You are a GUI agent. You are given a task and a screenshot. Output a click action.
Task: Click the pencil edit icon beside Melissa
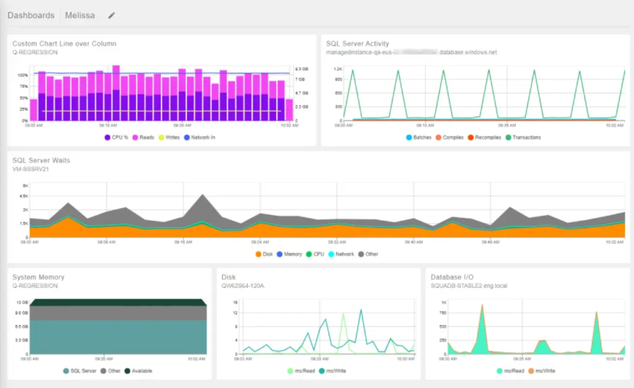(111, 15)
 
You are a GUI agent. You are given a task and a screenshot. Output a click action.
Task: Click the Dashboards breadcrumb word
(31, 15)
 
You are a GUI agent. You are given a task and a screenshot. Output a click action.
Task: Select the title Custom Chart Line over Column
(64, 43)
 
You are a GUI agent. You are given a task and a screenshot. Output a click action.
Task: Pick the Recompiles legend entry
(485, 137)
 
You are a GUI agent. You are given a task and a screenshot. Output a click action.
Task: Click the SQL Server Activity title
(357, 43)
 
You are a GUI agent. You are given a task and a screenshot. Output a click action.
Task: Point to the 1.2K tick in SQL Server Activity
(338, 69)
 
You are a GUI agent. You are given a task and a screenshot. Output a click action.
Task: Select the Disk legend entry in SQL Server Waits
(267, 254)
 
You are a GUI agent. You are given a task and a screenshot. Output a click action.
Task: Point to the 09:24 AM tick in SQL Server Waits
(260, 242)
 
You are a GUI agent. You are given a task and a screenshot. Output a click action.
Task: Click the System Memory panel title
(38, 277)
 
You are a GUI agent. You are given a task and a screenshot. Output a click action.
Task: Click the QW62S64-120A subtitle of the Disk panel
(243, 286)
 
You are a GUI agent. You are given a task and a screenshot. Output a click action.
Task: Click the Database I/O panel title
(457, 277)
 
